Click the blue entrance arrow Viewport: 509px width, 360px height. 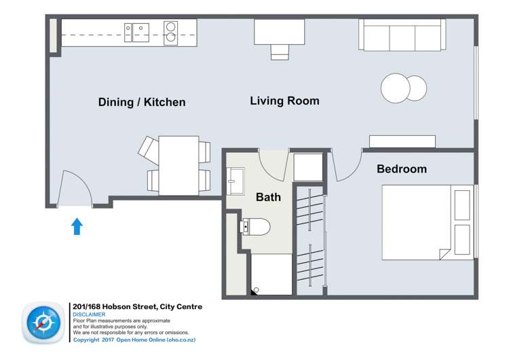coord(77,226)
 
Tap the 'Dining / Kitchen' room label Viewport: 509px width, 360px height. coord(142,103)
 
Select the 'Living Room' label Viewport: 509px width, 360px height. coord(284,101)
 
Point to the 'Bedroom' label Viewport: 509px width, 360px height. coord(402,169)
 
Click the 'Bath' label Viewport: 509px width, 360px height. coord(268,198)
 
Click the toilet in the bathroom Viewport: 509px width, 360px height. coord(256,226)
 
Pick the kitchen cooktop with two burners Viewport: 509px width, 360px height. coord(170,32)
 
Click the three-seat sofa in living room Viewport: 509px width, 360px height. coord(402,34)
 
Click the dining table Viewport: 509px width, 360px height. coord(178,166)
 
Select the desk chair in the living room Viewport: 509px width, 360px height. coord(279,52)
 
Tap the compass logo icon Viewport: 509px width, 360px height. coord(43,324)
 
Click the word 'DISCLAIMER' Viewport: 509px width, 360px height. coord(89,314)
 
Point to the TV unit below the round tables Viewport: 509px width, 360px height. coord(402,141)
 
